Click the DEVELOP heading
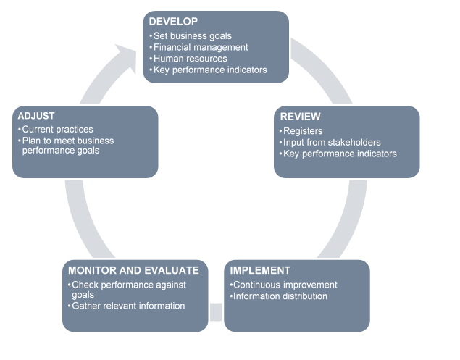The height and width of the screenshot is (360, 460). [x=174, y=22]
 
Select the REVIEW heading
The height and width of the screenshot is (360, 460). [x=300, y=117]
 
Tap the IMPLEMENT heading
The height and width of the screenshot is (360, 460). [x=260, y=270]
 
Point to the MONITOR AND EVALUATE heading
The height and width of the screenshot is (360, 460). [x=133, y=270]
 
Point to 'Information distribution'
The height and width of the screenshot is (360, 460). [x=278, y=296]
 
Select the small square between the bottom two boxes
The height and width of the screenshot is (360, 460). [x=216, y=311]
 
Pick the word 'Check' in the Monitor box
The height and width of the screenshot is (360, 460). [x=84, y=285]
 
